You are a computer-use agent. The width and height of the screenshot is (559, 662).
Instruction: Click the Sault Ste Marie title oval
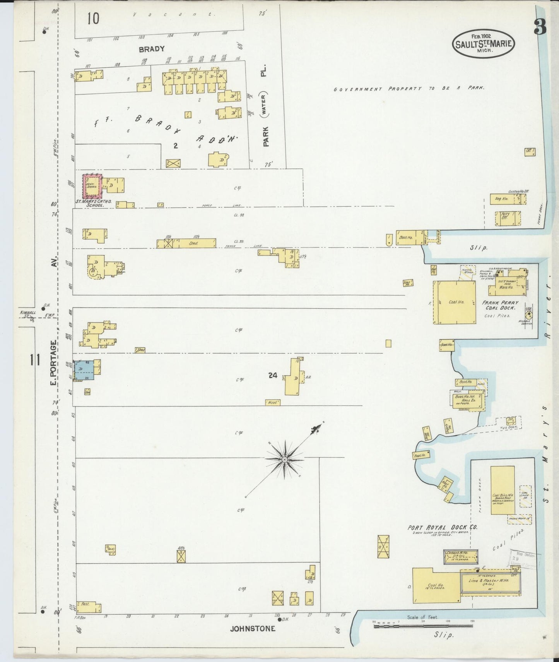pos(483,43)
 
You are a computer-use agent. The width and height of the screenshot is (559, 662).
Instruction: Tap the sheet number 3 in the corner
pos(540,27)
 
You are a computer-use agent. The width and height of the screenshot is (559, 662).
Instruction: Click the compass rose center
pos(285,459)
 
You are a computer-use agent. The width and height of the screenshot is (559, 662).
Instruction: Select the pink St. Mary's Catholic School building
pos(92,186)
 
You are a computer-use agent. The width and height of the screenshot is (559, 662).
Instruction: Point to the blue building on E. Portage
pos(84,370)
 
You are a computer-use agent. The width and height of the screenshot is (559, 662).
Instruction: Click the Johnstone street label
pos(253,629)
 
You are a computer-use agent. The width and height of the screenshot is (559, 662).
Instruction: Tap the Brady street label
pos(152,49)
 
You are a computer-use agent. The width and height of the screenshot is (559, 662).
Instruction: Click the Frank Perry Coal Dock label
pos(500,305)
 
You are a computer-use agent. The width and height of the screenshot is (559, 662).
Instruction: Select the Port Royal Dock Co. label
pos(443,527)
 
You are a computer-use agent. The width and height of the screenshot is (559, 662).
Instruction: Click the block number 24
pos(273,375)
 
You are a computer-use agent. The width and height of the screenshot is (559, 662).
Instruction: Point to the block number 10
pos(93,18)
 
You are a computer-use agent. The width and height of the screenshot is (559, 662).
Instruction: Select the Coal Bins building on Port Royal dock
pos(503,490)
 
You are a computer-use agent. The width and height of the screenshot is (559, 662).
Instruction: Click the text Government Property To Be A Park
pos(409,89)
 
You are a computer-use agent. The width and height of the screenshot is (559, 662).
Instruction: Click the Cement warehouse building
pos(460,556)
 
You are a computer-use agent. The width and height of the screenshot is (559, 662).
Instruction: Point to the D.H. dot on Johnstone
pos(279,619)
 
